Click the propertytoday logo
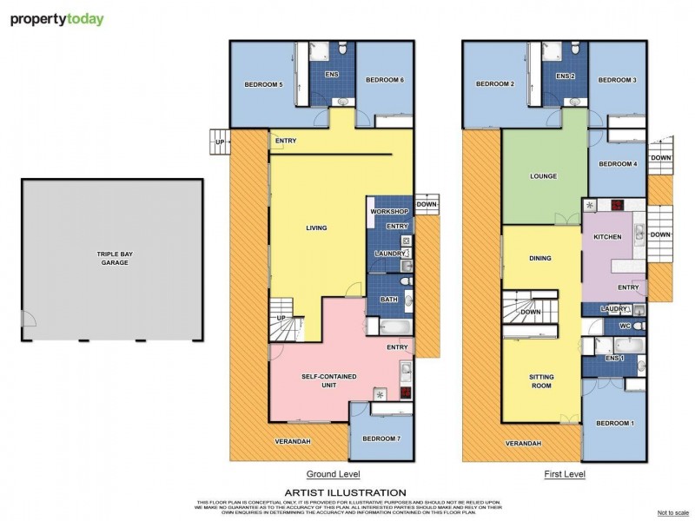pyautogui.click(x=57, y=18)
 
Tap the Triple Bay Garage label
pyautogui.click(x=113, y=257)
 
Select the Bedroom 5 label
pyautogui.click(x=263, y=84)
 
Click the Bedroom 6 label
pyautogui.click(x=384, y=80)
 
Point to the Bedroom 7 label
pyautogui.click(x=380, y=439)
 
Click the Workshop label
pyautogui.click(x=388, y=212)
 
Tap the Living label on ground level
pyautogui.click(x=316, y=228)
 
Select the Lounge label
pyautogui.click(x=544, y=176)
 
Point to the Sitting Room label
pyautogui.click(x=542, y=382)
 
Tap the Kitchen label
pyautogui.click(x=606, y=236)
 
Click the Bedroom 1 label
pyautogui.click(x=614, y=423)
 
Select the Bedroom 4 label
pyautogui.click(x=618, y=164)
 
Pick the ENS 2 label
pyautogui.click(x=566, y=76)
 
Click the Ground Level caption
pyautogui.click(x=333, y=474)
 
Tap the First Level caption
pyautogui.click(x=566, y=474)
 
